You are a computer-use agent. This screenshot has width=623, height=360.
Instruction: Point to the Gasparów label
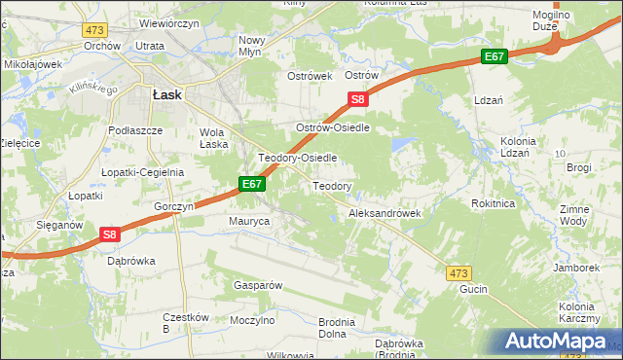tap(257, 285)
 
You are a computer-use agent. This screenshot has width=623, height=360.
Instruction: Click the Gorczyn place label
tap(175, 207)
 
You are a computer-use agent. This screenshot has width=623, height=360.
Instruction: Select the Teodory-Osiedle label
tap(297, 157)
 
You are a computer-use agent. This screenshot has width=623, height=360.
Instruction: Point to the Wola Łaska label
tap(214, 138)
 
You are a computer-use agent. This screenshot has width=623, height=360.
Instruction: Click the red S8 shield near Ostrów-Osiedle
tap(358, 99)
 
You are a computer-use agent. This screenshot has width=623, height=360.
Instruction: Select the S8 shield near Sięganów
tap(110, 234)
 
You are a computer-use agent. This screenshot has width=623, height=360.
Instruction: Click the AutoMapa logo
tap(559, 342)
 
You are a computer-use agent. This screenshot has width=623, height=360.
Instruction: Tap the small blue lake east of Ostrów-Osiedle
tap(399, 145)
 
